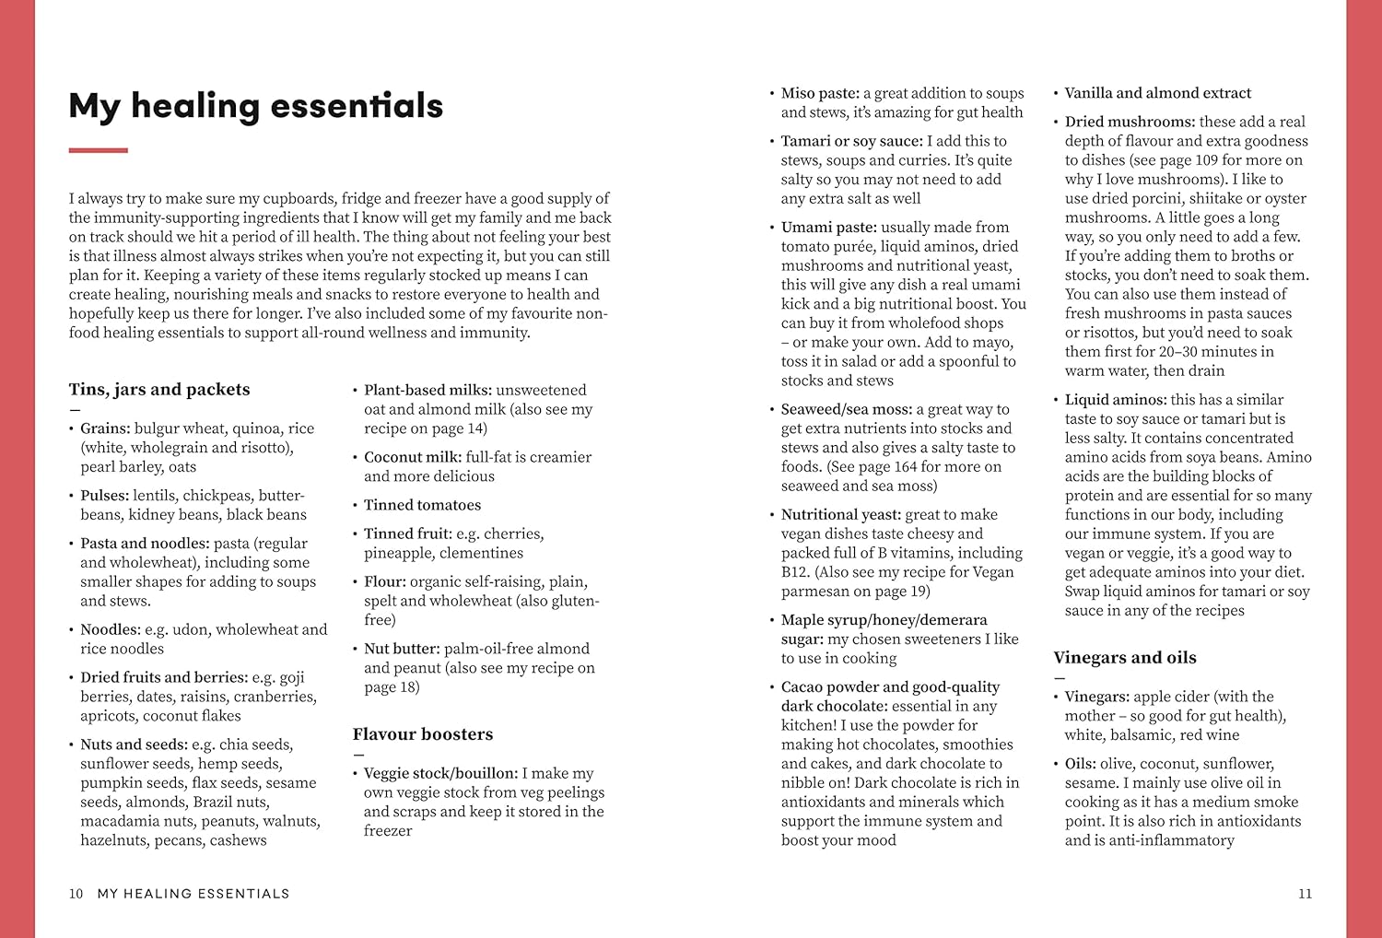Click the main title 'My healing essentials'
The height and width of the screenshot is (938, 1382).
click(x=255, y=106)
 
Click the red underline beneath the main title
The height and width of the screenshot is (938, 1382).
click(x=98, y=150)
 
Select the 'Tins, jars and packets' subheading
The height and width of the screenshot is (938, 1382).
click(x=159, y=390)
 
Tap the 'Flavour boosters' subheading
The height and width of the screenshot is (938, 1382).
click(x=423, y=734)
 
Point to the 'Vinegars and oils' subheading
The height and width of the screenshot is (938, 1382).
click(x=1125, y=658)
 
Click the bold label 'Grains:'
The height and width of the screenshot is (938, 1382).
click(x=105, y=428)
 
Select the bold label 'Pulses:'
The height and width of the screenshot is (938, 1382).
click(x=104, y=496)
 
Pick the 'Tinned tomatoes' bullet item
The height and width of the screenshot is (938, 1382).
click(x=422, y=505)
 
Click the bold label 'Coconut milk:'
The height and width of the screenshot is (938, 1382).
click(x=413, y=457)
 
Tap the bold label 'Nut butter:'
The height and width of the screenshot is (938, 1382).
click(x=402, y=649)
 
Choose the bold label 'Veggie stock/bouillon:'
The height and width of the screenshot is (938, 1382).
click(x=440, y=773)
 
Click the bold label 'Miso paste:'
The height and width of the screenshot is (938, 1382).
click(x=820, y=93)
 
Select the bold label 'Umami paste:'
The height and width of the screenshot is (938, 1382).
click(x=829, y=227)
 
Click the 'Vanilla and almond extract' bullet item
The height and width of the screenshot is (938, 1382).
click(x=1157, y=93)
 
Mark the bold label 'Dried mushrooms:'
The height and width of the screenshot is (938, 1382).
click(x=1130, y=122)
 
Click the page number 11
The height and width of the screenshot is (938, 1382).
click(x=1305, y=894)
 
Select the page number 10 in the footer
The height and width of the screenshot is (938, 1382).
click(x=76, y=894)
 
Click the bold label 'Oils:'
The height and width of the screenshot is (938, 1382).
click(x=1080, y=764)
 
